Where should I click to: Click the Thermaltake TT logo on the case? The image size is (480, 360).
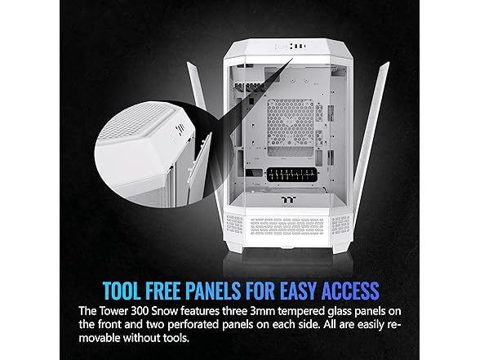pos(287,200)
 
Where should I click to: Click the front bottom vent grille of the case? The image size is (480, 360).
pos(287,226)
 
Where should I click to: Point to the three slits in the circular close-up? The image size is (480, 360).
pos(180,129)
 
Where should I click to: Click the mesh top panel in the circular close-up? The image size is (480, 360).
pos(135,120)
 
